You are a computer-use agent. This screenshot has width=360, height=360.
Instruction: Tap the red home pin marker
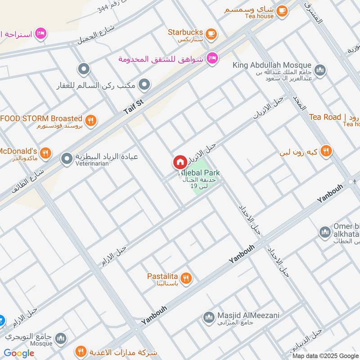[x=180, y=162]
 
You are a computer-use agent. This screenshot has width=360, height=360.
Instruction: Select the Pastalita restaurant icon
[x=186, y=278]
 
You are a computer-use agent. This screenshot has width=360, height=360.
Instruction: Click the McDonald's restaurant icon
[x=45, y=153]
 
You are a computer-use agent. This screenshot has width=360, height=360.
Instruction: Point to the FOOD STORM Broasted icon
[x=90, y=120]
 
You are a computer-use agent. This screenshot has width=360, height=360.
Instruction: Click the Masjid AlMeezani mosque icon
[x=208, y=318]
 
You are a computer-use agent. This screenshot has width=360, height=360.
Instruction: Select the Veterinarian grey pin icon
[x=67, y=158]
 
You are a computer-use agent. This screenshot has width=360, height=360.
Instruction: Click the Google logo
[x=19, y=353]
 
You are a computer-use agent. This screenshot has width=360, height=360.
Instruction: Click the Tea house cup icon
[x=282, y=10]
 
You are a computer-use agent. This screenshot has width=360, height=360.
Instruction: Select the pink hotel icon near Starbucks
[x=212, y=58]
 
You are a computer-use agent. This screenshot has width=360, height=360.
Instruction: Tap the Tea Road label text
[x=325, y=117]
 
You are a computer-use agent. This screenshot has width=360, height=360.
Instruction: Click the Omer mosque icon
[x=324, y=232]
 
